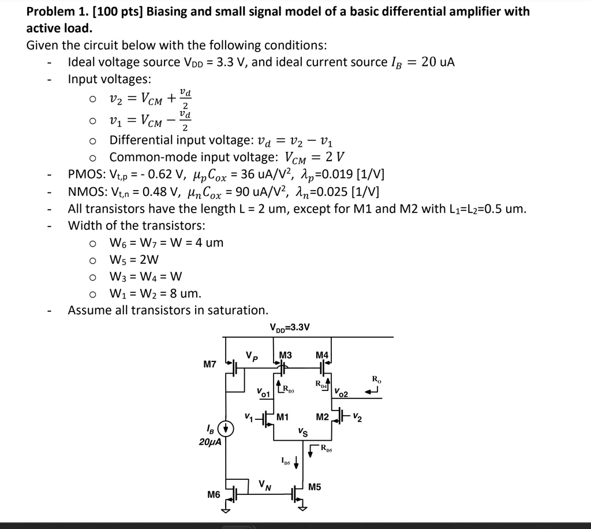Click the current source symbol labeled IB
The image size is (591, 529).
tap(226, 429)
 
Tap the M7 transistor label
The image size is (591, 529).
tap(210, 364)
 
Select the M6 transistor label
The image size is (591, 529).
tap(214, 495)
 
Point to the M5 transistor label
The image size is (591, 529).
tap(315, 487)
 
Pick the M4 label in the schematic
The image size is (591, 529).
tap(322, 355)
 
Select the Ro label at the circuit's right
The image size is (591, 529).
tap(376, 379)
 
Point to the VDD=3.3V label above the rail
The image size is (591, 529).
tap(290, 327)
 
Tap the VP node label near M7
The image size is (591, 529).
tap(250, 356)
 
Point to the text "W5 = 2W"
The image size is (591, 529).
tap(134, 259)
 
